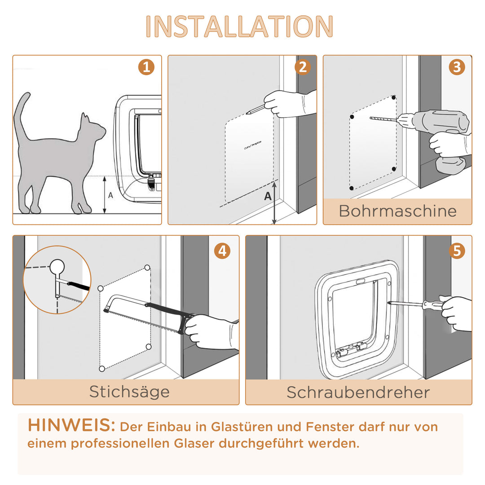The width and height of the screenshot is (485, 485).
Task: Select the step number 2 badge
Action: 302,67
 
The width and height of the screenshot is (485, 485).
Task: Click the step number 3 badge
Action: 457,67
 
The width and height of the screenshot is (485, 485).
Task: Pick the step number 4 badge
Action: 222,251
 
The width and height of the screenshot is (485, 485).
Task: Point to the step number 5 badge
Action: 457,251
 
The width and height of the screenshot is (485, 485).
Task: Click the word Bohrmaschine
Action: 397,211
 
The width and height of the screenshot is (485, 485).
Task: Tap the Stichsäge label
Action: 129,392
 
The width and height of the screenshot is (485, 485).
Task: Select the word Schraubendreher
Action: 358,392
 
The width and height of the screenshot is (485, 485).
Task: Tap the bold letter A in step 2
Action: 268,196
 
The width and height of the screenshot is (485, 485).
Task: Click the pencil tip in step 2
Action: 247,112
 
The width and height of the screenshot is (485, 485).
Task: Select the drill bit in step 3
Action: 384,119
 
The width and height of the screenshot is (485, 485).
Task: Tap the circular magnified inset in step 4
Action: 57,279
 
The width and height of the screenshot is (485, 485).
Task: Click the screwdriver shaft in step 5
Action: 406,304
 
